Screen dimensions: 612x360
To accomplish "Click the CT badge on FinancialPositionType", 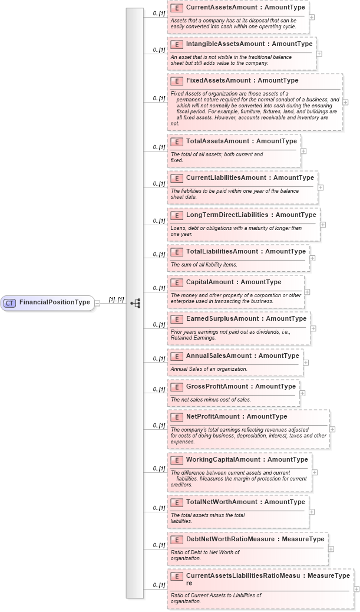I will (x=9, y=303).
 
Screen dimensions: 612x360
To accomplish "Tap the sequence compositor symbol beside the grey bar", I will (x=136, y=303).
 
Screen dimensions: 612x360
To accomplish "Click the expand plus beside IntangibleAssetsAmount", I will (x=319, y=53).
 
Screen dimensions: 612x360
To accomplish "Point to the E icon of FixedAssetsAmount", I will (x=176, y=81).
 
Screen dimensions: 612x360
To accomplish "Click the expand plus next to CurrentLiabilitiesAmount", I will (x=321, y=187).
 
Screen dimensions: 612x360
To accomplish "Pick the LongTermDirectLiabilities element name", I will (x=226, y=215).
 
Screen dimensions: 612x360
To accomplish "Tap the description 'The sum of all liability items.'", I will (x=204, y=265).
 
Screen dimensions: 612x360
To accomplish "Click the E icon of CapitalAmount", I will (x=176, y=282).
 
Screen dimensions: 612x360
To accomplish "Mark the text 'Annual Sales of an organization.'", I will (x=209, y=369).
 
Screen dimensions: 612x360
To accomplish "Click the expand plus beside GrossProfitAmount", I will (x=303, y=393).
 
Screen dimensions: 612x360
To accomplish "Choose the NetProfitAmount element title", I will (x=210, y=417).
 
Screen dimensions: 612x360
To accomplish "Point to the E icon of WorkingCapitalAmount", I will (x=176, y=460).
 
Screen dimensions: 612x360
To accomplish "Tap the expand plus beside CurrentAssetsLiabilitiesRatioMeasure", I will (x=356, y=588).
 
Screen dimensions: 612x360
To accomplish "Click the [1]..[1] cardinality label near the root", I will (x=116, y=300).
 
